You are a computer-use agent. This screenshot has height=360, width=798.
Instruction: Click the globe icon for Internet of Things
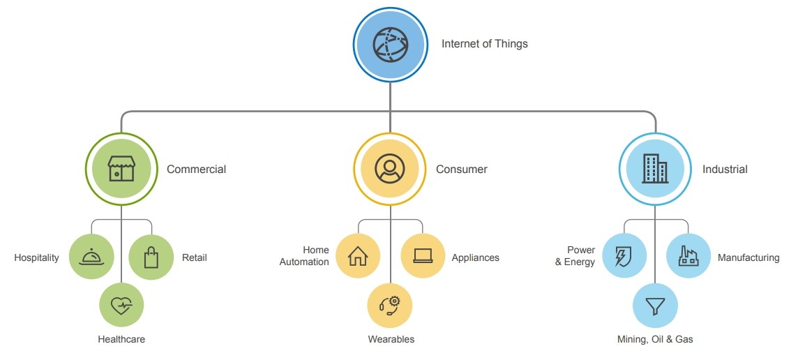390,44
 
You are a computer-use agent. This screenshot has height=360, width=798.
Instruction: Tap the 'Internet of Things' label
485,44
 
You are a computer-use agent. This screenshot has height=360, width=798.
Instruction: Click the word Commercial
196,170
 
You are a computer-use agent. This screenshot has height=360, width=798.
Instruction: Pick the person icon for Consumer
390,170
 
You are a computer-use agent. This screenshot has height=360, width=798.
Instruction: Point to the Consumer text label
462,170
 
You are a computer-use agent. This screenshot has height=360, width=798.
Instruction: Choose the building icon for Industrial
655,170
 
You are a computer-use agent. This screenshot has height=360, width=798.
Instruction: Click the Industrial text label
725,170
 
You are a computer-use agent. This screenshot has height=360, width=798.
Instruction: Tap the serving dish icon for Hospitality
91,257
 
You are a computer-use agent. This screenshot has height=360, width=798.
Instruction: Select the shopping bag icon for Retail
151,257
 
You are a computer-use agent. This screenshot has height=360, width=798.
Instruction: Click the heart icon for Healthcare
121,305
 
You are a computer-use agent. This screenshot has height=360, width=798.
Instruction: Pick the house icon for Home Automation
358,256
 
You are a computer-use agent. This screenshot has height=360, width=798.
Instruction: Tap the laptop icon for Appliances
423,256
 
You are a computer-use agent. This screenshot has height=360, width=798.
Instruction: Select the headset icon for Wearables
390,305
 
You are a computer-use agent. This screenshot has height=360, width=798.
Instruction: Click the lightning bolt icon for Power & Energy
624,256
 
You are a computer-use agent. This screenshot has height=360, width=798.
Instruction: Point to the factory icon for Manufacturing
688,256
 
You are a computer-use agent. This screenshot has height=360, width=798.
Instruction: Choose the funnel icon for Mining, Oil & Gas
655,306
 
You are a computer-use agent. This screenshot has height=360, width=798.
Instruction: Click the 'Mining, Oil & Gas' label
655,340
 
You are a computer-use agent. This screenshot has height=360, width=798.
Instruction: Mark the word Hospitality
36,258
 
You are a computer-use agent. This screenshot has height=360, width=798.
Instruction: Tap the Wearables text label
391,340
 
